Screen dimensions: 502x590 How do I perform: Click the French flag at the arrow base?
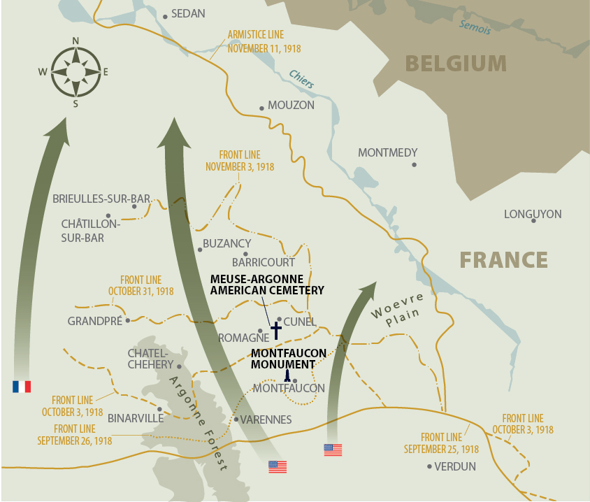[21, 386]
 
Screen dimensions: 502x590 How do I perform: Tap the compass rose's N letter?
[75, 41]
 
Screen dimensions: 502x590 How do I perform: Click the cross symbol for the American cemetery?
[275, 330]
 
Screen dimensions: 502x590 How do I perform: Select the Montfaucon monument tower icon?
[287, 375]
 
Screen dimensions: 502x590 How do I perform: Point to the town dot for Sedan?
[165, 15]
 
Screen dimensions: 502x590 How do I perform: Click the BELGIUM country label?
[456, 64]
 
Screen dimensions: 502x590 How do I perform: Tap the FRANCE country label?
[503, 260]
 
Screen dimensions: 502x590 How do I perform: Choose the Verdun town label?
[455, 466]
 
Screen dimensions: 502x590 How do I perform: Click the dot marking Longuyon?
[533, 221]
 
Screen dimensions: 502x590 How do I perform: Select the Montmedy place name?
[387, 152]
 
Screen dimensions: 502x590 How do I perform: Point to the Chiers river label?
[302, 78]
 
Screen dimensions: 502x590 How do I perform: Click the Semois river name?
[475, 27]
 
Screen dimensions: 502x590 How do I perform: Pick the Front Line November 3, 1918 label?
[240, 161]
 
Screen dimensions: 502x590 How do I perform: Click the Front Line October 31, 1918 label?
[141, 285]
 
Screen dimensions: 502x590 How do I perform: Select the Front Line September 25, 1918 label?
[441, 444]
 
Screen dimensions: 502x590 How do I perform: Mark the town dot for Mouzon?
[261, 108]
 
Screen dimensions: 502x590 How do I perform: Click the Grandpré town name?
[94, 321]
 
